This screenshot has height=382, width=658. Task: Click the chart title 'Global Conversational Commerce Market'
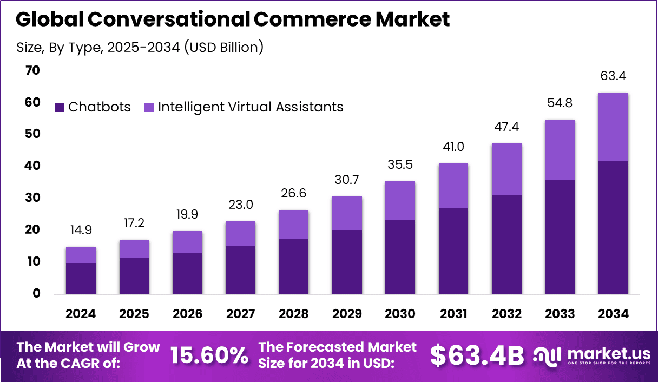click(233, 19)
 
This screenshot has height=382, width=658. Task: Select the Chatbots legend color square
click(60, 108)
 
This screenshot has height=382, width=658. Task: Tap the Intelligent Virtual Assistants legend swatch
click(149, 108)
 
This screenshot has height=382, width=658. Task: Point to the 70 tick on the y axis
click(32, 70)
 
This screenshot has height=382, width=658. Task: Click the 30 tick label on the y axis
click(32, 198)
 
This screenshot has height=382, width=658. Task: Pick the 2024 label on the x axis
click(81, 314)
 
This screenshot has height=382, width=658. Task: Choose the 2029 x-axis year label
click(347, 314)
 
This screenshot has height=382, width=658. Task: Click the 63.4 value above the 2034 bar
click(613, 76)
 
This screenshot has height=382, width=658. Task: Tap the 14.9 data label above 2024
click(81, 230)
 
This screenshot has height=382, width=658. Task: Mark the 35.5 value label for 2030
click(400, 164)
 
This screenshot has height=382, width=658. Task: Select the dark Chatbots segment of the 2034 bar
click(613, 227)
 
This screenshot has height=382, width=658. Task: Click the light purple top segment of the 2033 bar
click(560, 149)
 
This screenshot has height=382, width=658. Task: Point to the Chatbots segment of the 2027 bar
click(240, 270)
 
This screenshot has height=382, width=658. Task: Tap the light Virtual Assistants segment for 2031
click(453, 186)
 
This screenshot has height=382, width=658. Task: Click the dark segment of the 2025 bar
click(134, 276)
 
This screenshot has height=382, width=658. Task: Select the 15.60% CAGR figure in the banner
click(209, 355)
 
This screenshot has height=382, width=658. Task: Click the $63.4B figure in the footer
click(477, 355)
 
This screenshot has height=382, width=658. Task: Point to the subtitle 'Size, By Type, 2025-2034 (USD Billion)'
click(140, 47)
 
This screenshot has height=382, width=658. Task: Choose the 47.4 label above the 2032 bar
click(506, 127)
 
